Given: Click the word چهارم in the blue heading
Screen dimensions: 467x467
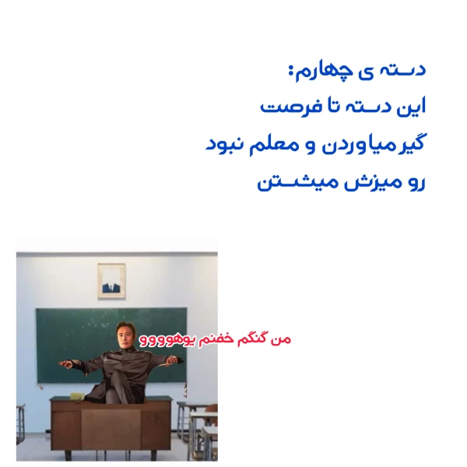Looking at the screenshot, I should [x=314, y=72].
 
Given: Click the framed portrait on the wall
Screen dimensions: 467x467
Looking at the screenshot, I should [x=111, y=281].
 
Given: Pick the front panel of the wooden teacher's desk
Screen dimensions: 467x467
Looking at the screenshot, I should [x=109, y=428].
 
